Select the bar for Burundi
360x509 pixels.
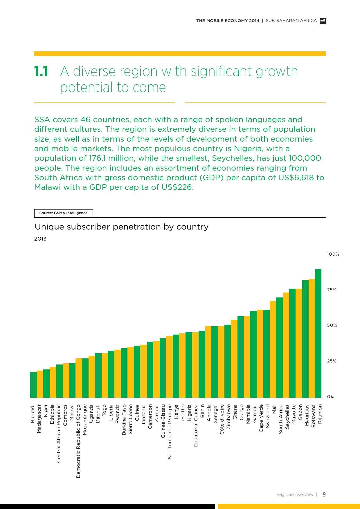[33, 385]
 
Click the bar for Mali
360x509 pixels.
[273, 349]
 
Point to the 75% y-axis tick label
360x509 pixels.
[332, 290]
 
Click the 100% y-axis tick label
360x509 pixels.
[333, 254]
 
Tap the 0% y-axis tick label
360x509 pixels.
[330, 397]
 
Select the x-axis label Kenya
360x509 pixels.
[176, 412]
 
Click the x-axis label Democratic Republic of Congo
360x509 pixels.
[78, 441]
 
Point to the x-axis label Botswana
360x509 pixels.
[313, 416]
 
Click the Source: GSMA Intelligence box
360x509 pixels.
[63, 213]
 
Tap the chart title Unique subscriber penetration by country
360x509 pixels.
[121, 227]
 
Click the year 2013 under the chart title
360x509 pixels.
[40, 239]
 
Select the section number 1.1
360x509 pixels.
[41, 71]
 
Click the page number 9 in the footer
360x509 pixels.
[324, 494]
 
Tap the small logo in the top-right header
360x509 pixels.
[323, 21]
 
